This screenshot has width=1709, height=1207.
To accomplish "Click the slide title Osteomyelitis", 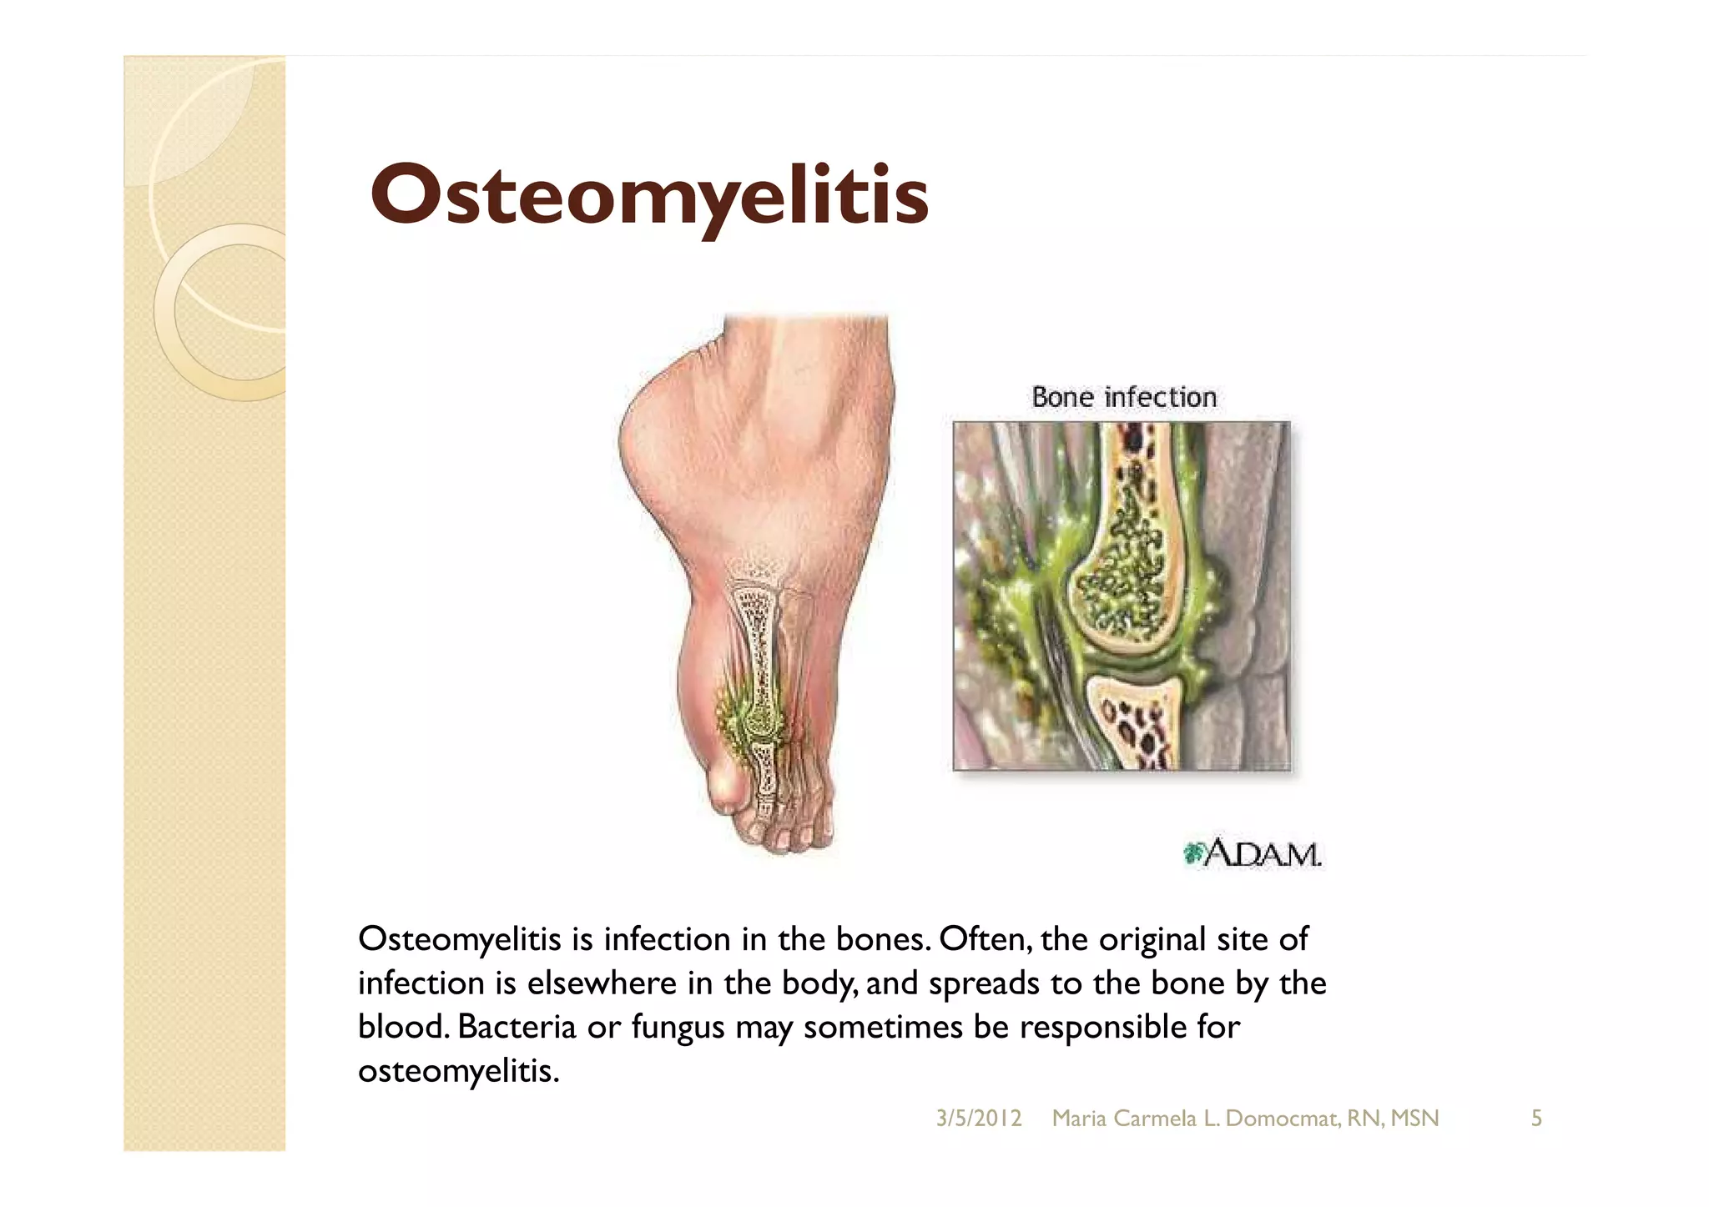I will tap(649, 195).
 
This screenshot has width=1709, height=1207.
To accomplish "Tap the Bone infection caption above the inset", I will tap(1123, 397).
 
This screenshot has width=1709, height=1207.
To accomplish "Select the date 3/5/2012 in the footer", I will tap(978, 1119).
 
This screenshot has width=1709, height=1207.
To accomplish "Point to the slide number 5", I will tap(1535, 1119).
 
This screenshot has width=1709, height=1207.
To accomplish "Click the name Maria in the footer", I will tap(1078, 1119).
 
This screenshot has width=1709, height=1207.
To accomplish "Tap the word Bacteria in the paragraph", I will tap(517, 1027).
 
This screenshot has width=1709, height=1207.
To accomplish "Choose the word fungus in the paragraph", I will tap(678, 1027).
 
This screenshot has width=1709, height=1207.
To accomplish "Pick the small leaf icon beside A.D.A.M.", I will tap(1193, 853).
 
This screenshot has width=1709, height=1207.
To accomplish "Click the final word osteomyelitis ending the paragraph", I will tap(457, 1071).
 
